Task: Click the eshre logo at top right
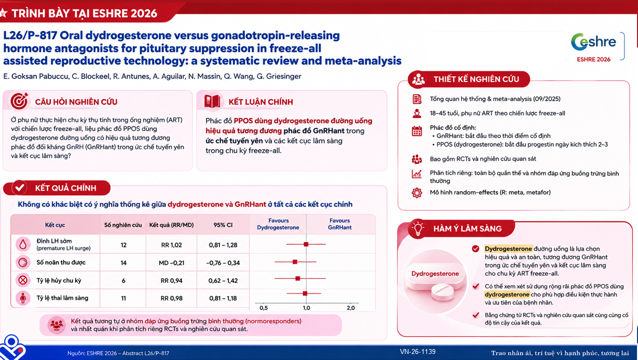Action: click(x=593, y=42)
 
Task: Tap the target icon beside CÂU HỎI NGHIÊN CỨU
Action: click(x=19, y=101)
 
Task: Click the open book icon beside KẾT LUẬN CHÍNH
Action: click(x=212, y=101)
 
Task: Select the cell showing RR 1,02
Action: click(x=171, y=245)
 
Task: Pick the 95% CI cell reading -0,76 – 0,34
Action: click(x=223, y=263)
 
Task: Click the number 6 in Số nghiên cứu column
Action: click(x=123, y=280)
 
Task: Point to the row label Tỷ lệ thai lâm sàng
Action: click(x=62, y=298)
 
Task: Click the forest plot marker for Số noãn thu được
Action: click(x=295, y=261)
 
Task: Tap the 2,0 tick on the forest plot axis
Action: click(x=350, y=308)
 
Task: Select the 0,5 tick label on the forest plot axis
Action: click(x=263, y=308)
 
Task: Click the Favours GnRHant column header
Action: click(x=339, y=224)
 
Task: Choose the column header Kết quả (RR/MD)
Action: click(x=171, y=225)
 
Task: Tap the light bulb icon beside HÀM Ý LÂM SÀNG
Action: click(x=418, y=228)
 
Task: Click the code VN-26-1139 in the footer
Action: click(x=417, y=351)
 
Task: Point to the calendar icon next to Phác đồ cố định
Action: click(x=416, y=131)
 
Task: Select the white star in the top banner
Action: click(x=3, y=13)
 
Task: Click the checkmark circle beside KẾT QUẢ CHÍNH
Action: click(x=19, y=187)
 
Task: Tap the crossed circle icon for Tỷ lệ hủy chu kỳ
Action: click(x=23, y=280)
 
